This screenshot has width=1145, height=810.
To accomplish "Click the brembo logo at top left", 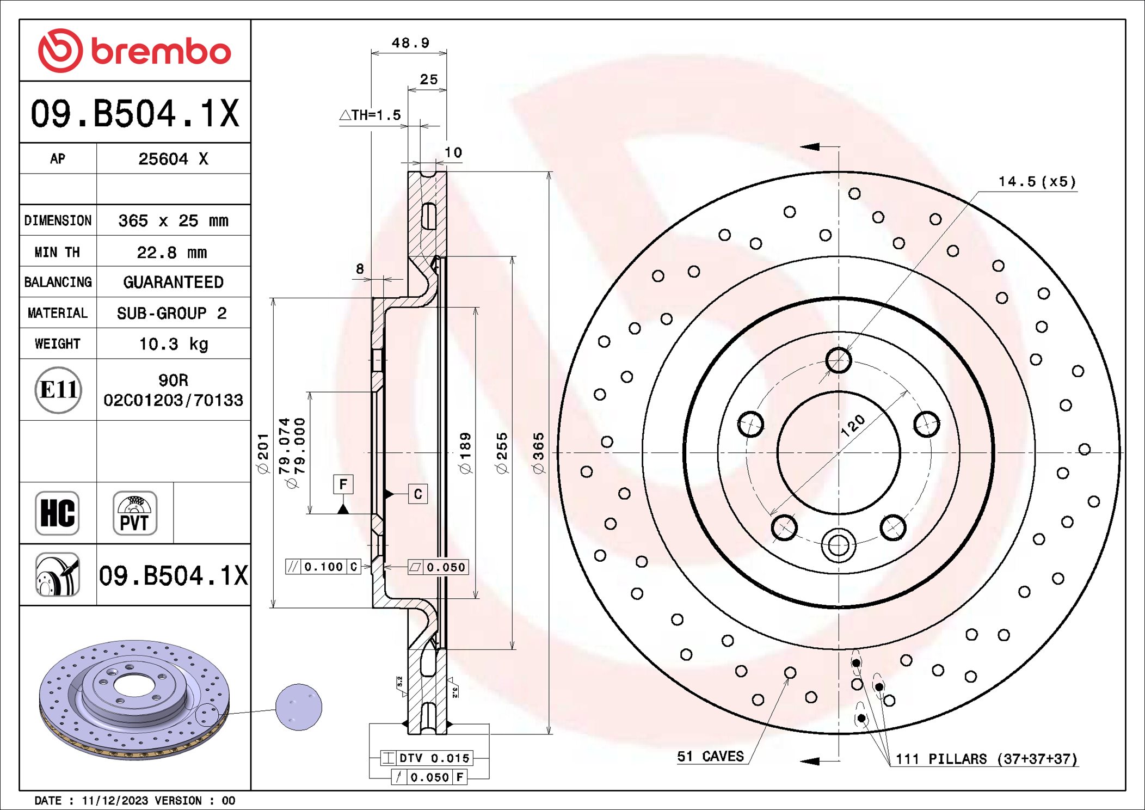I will [134, 51].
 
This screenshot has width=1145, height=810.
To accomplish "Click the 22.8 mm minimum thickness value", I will [172, 253].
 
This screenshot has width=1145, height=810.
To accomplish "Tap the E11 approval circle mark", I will [58, 390].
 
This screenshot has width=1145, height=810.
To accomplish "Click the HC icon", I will [57, 513].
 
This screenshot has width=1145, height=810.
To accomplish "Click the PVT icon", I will [134, 513].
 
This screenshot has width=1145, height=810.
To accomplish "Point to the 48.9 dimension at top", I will [410, 43].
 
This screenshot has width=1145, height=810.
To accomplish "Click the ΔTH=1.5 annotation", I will [371, 115].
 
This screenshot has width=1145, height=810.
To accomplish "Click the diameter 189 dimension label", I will [465, 453].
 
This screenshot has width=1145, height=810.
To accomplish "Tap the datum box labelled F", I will [343, 484].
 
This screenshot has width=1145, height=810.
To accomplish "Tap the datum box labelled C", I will [418, 494].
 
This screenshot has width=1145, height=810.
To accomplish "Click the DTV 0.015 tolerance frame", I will [427, 758].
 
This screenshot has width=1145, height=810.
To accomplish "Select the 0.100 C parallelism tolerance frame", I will [323, 567].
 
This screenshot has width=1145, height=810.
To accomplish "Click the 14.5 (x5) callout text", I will [1037, 182].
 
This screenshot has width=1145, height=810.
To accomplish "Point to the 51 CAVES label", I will [710, 756].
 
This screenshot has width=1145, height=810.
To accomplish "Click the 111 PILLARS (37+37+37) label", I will [986, 759].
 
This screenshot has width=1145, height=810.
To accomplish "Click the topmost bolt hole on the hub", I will [838, 360].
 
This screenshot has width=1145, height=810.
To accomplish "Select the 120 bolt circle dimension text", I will [852, 426].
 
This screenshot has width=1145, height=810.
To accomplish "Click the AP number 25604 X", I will [173, 159].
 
